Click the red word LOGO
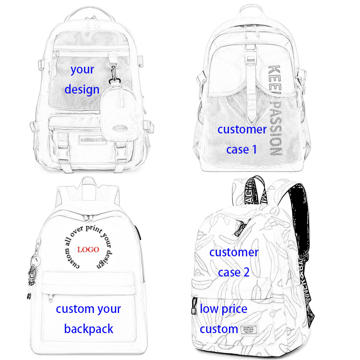pyautogui.click(x=88, y=250)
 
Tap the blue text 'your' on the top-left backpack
pyautogui.click(x=82, y=70)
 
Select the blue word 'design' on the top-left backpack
pyautogui.click(x=82, y=90)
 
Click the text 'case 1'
pyautogui.click(x=241, y=149)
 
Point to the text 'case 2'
pyautogui.click(x=234, y=272)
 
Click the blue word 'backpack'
pyautogui.click(x=89, y=329)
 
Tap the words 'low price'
pyautogui.click(x=223, y=309)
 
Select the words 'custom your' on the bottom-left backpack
pyautogui.click(x=88, y=309)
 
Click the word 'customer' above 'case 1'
pyautogui.click(x=241, y=129)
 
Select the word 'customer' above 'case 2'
pyautogui.click(x=234, y=252)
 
